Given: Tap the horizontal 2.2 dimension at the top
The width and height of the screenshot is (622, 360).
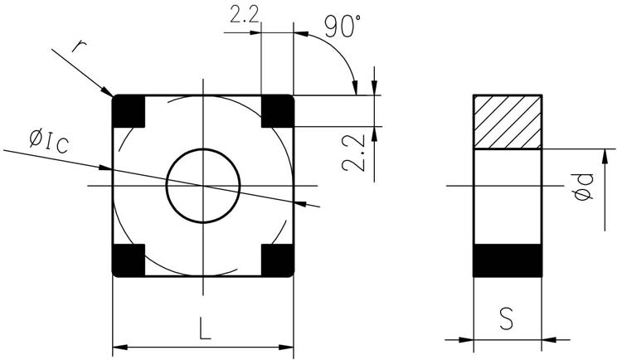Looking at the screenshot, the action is (x=245, y=15).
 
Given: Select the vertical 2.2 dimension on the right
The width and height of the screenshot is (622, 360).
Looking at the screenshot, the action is (x=353, y=153).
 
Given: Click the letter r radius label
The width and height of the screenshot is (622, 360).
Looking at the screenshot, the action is (x=79, y=46).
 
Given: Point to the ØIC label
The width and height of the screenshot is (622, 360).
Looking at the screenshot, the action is (x=49, y=142).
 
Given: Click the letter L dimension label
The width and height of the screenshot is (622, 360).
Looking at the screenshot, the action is (x=204, y=328).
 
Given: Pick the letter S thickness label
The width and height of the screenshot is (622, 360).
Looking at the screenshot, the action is (x=507, y=319).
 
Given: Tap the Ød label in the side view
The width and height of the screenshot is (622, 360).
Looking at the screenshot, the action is (x=585, y=187).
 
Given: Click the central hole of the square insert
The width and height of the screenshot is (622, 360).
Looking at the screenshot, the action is (x=203, y=186).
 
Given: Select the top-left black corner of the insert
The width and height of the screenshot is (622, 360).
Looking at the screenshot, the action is (x=129, y=111).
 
